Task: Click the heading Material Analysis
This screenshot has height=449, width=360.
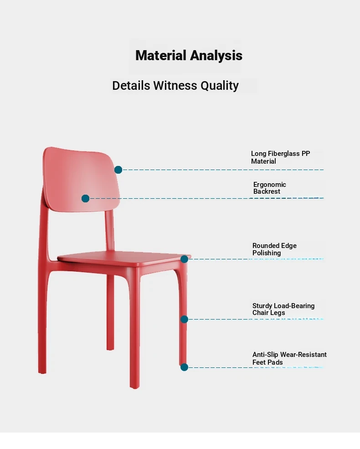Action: pyautogui.click(x=189, y=56)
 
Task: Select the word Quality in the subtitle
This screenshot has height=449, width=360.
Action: pyautogui.click(x=220, y=86)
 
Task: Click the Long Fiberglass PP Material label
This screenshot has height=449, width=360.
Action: pyautogui.click(x=280, y=157)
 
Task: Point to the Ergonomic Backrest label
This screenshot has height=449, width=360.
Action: pyautogui.click(x=270, y=188)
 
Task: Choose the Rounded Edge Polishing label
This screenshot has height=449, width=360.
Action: pyautogui.click(x=274, y=249)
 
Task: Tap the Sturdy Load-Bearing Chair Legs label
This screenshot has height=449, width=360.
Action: pyautogui.click(x=283, y=309)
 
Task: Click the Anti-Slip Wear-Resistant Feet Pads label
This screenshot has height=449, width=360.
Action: pyautogui.click(x=289, y=358)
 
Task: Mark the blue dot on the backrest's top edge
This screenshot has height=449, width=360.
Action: pyautogui.click(x=118, y=170)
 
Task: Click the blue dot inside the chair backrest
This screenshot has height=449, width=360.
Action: pyautogui.click(x=85, y=198)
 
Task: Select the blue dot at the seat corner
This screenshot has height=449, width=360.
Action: pyautogui.click(x=184, y=259)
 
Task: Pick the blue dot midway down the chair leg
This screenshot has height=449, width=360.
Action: pyautogui.click(x=184, y=319)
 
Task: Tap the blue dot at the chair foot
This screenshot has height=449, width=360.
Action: pyautogui.click(x=184, y=367)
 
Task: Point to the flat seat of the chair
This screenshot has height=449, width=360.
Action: pyautogui.click(x=123, y=258)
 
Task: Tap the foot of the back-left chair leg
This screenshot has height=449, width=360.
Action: pyautogui.click(x=42, y=371)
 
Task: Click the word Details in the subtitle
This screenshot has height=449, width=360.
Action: pyautogui.click(x=131, y=85)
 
